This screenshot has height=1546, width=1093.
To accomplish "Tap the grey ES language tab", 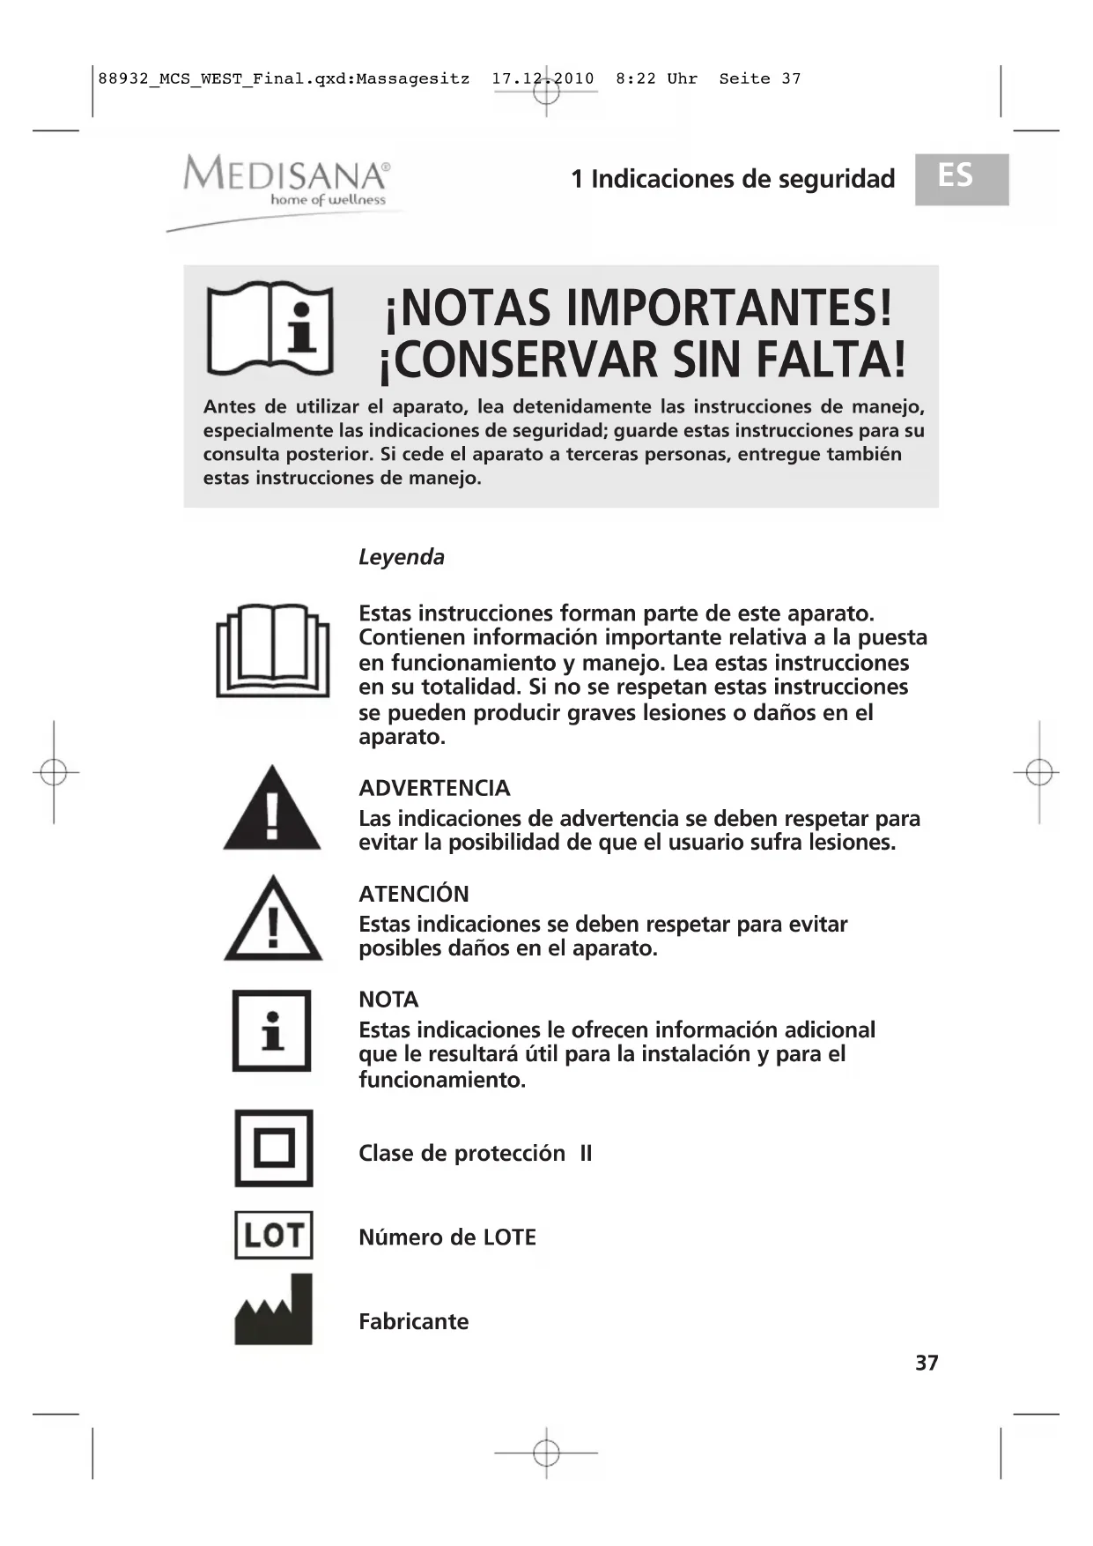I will click(961, 179).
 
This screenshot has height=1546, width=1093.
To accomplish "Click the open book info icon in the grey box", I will click(270, 329).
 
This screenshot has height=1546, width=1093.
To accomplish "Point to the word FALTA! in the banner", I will click(831, 360).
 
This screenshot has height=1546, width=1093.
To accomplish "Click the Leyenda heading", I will click(402, 557).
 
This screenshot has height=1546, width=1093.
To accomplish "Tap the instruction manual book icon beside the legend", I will click(273, 650).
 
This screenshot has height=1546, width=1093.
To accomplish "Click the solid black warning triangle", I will click(272, 810).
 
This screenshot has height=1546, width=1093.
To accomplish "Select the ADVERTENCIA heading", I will click(434, 788).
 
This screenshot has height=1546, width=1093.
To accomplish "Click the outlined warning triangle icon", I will click(273, 920).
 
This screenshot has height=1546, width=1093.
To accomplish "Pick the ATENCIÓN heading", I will click(414, 894).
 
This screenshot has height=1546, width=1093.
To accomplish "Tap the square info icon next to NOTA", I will click(272, 1030).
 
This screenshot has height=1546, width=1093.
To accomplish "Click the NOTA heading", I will click(388, 1000).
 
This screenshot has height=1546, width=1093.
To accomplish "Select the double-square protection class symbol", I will click(274, 1148).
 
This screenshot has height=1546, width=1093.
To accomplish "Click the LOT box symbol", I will click(274, 1235).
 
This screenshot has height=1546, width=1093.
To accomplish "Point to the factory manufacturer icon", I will click(274, 1311).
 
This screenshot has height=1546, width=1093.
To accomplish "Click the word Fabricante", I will click(413, 1321).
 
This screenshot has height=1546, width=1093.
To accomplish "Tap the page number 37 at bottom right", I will click(927, 1363).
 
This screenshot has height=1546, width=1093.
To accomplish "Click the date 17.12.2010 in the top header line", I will click(543, 78).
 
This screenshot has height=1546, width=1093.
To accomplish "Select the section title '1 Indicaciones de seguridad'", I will click(733, 179).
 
